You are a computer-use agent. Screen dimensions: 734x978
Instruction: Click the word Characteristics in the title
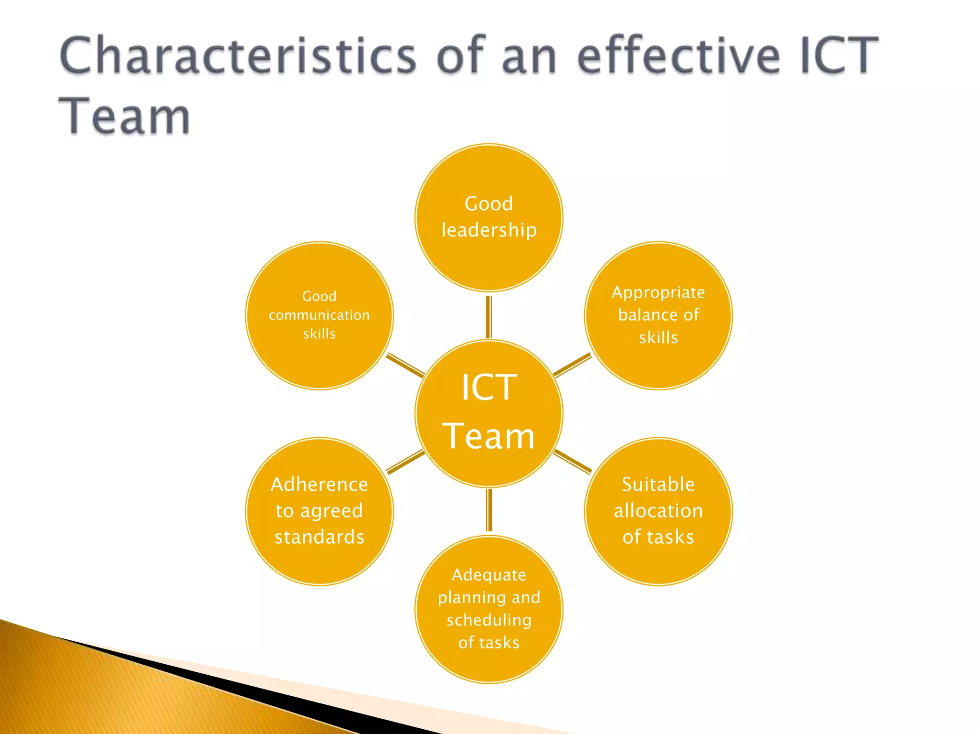click(238, 56)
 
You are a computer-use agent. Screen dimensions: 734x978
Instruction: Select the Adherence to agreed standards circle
click(319, 564)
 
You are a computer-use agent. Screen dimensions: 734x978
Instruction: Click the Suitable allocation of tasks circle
click(658, 564)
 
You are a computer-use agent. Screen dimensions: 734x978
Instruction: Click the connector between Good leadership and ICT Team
click(489, 316)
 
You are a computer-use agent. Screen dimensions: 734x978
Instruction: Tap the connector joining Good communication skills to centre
click(405, 365)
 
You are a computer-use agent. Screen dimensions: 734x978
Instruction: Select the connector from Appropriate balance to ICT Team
click(572, 365)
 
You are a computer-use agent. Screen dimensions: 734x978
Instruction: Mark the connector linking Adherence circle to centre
click(405, 462)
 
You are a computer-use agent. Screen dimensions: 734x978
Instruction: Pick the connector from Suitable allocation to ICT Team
click(572, 462)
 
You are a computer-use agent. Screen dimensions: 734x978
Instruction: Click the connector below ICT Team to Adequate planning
click(489, 510)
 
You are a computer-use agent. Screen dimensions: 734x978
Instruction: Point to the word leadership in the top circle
click(489, 230)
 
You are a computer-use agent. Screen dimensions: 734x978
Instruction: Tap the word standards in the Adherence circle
click(319, 537)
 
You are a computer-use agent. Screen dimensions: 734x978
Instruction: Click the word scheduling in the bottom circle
click(489, 620)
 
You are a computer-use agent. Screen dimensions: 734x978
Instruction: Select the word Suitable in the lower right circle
click(658, 485)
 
